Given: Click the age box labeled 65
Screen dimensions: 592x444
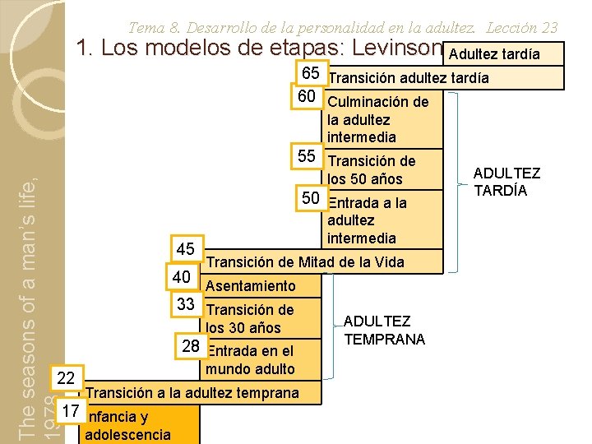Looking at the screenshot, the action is point(310,72).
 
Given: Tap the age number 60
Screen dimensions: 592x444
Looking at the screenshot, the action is point(307,97).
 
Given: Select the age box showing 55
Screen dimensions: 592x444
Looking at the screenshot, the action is point(307,156).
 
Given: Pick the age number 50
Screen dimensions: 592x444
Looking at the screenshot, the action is point(311,198).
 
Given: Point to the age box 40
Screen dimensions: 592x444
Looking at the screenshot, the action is point(181,277).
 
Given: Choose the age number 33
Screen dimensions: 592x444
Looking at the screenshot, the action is point(187,304).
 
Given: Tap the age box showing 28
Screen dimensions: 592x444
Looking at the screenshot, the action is point(191,346).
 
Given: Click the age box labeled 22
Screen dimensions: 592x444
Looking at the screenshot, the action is point(67,378).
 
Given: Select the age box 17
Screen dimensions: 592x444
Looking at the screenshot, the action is point(71,409).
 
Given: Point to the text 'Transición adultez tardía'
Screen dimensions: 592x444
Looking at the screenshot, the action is point(408,78).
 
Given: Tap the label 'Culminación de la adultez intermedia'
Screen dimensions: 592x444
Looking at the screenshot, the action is point(377,119).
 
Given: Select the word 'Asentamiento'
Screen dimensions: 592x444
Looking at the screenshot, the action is point(251,286).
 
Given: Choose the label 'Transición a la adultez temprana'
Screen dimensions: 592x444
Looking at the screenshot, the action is point(192,392).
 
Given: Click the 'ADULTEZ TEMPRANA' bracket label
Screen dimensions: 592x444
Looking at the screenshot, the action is point(384,330).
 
